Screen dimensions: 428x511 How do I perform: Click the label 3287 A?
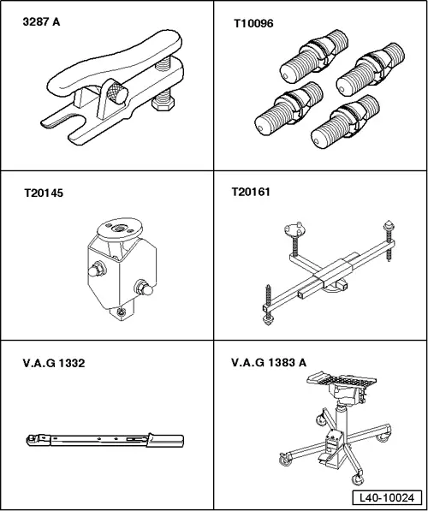[41, 22]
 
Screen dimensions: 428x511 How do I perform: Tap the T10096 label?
[253, 23]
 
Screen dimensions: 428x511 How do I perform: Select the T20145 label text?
[44, 193]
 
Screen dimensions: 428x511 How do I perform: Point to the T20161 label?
[251, 192]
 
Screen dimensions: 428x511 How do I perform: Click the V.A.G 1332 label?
[54, 363]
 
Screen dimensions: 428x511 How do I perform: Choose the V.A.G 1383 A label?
[269, 362]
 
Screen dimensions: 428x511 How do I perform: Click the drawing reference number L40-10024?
[387, 497]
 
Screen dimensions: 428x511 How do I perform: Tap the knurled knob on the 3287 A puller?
[117, 92]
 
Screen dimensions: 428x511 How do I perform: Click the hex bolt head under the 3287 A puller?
[163, 104]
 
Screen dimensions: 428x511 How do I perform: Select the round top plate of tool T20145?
[120, 229]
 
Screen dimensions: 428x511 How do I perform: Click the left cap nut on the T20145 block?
[97, 270]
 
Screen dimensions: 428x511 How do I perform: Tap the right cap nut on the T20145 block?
[144, 288]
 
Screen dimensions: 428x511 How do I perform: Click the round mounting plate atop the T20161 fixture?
[295, 229]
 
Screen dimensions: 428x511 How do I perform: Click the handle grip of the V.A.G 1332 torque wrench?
[165, 439]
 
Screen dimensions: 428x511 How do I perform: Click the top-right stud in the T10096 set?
[371, 69]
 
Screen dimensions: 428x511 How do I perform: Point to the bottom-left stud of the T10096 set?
[288, 109]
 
